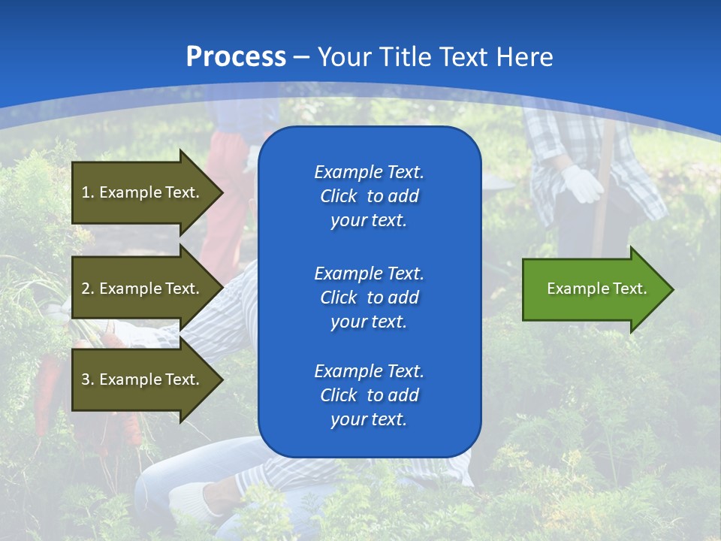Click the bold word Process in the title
(236, 56)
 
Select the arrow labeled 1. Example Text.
(143, 192)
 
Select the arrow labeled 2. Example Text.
(143, 289)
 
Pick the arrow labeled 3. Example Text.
(143, 379)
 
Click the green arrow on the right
(593, 289)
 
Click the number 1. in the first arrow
(88, 192)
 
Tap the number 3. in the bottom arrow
(88, 379)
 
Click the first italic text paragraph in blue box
(369, 196)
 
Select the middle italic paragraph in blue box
(369, 298)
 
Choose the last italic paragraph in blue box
(369, 395)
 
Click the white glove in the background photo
(582, 184)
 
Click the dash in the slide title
(301, 57)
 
